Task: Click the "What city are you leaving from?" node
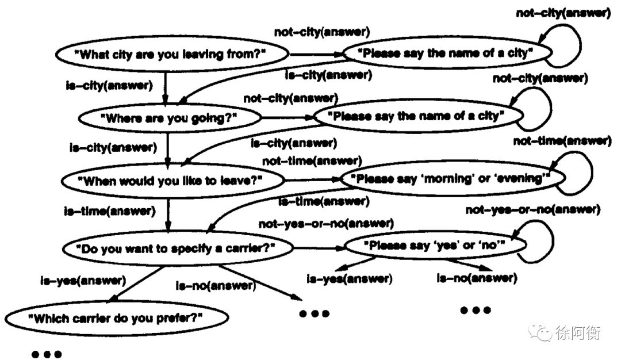click(172, 55)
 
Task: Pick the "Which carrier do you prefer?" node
click(117, 317)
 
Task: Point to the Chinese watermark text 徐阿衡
click(578, 332)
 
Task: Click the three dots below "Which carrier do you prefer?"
click(46, 354)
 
